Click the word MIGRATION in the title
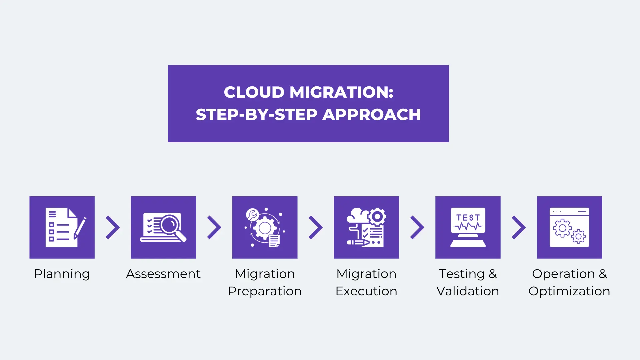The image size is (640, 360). (341, 92)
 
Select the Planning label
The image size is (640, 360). (62, 274)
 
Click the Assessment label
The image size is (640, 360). (163, 274)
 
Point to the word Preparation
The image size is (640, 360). (265, 291)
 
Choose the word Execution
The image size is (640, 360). (366, 291)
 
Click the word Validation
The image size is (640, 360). (468, 291)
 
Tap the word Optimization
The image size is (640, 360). (569, 291)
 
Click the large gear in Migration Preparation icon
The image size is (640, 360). (265, 228)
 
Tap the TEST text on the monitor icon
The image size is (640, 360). (468, 218)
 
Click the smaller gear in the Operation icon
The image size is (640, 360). (578, 236)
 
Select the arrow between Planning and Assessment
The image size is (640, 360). (113, 227)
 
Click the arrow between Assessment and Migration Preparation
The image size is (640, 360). (214, 227)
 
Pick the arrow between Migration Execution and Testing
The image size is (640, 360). (417, 227)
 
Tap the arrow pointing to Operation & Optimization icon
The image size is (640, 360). (519, 227)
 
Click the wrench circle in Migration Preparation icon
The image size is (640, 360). (252, 215)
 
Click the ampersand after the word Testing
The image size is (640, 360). (493, 274)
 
